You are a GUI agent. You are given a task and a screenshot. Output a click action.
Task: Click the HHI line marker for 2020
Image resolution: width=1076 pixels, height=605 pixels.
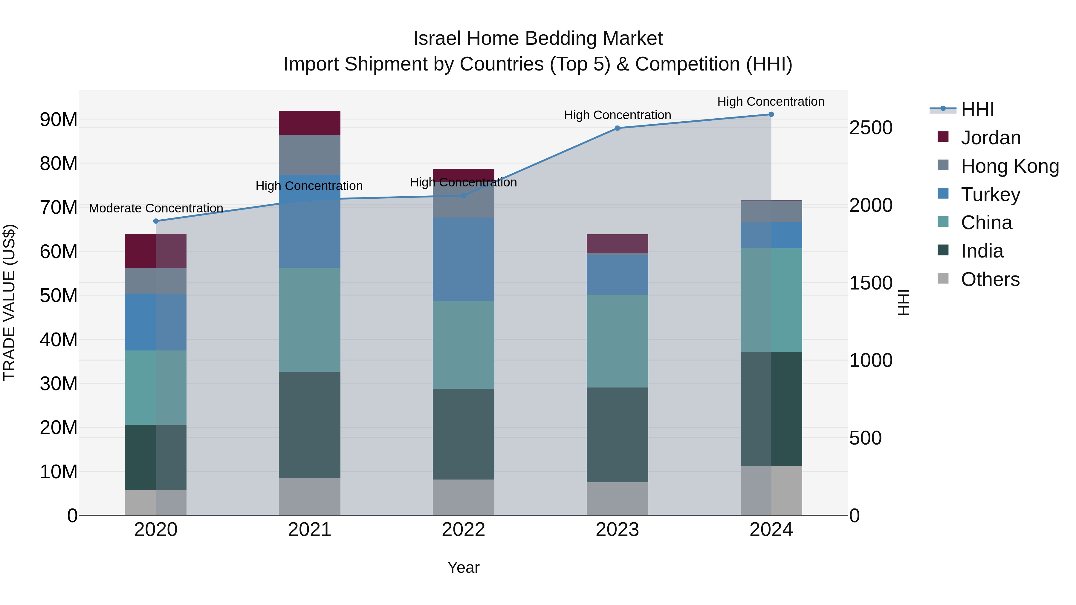[156, 221]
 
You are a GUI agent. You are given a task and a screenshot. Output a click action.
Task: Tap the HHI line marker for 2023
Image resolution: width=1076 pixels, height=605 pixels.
[618, 128]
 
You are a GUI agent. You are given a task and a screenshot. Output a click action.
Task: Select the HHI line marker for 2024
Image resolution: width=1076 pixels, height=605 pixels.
[771, 114]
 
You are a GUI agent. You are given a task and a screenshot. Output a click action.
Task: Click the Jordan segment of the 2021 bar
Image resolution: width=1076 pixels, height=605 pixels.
[310, 123]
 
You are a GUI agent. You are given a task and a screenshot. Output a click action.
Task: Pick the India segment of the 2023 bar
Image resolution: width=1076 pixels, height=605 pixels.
[618, 435]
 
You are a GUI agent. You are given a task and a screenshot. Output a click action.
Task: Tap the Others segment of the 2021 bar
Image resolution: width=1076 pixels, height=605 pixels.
[310, 497]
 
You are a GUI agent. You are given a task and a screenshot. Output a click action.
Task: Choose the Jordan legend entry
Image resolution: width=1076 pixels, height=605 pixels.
[991, 138]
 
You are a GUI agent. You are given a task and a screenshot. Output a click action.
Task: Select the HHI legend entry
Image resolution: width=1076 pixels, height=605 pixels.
[977, 109]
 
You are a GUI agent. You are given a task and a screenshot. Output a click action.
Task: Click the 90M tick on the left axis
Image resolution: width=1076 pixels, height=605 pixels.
[59, 120]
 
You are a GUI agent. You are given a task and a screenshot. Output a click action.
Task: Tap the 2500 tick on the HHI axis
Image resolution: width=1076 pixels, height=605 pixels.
[871, 128]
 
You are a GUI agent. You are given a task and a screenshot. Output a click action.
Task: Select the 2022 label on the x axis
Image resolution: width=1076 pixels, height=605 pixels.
[463, 530]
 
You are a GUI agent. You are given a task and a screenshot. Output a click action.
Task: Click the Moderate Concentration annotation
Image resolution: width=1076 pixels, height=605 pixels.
[156, 208]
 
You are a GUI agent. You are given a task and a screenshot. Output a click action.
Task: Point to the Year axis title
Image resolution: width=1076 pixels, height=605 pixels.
[463, 567]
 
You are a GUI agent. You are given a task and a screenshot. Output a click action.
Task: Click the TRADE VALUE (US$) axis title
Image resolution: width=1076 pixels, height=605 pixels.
[9, 302]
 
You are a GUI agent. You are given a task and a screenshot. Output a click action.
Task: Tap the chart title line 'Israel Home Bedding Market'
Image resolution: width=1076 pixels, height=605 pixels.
[538, 39]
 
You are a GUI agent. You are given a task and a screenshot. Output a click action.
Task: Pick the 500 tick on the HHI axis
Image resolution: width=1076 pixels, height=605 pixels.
[866, 438]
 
